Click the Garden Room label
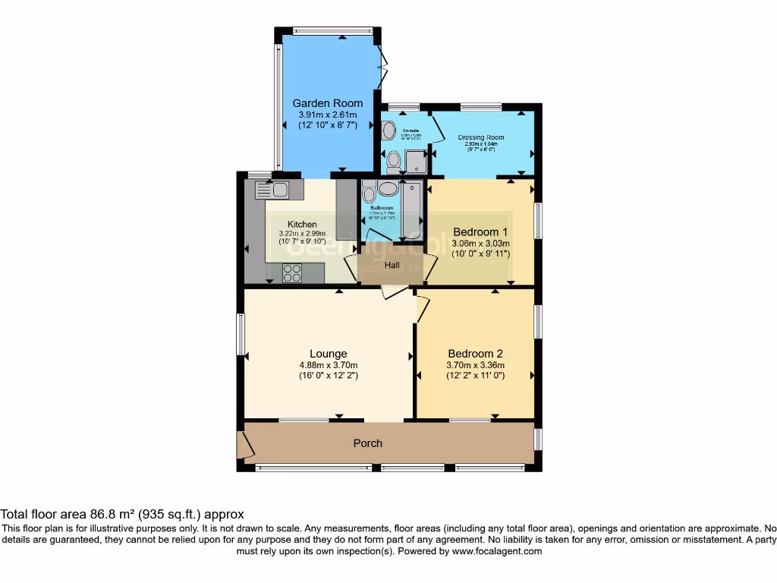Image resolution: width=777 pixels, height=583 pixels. click(x=328, y=103)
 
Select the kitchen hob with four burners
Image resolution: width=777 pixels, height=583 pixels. click(x=293, y=273)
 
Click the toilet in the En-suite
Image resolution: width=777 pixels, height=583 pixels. click(x=394, y=162)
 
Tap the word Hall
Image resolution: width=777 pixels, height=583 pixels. click(x=392, y=266)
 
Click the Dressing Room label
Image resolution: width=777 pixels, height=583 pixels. click(x=481, y=138)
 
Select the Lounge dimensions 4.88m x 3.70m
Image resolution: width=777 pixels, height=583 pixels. click(x=328, y=364)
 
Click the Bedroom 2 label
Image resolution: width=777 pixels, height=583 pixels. click(x=475, y=354)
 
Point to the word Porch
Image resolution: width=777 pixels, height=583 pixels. click(x=368, y=443)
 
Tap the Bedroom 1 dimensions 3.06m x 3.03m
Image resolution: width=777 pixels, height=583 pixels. click(x=480, y=244)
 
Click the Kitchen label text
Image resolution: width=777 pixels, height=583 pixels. click(x=302, y=224)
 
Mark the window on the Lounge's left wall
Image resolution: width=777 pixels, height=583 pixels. click(x=241, y=334)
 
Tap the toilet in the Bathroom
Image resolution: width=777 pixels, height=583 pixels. click(x=370, y=193)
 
